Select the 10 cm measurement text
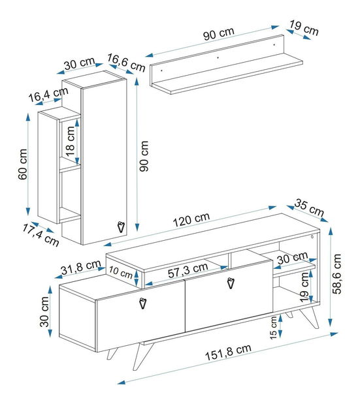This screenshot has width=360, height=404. click(x=120, y=271)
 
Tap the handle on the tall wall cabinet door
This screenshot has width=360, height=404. click(x=120, y=226)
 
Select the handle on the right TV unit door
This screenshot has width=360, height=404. click(x=230, y=283)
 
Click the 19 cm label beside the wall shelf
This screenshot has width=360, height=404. click(x=304, y=28)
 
